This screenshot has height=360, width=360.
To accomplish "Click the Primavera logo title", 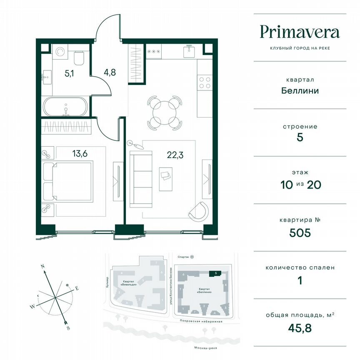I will (x=300, y=32).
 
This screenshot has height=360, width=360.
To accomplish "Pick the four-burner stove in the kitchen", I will (x=204, y=82).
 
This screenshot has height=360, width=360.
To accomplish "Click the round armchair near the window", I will (x=198, y=211).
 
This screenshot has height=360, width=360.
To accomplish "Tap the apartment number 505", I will (x=300, y=232).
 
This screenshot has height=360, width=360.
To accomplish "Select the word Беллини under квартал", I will (x=300, y=90).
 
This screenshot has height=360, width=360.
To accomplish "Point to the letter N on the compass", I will (x=42, y=265).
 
